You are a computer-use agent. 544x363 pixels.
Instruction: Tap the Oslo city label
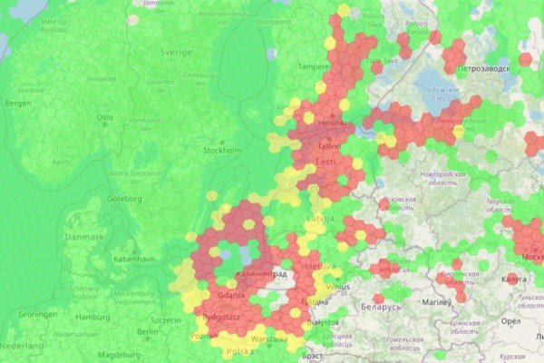(105, 117)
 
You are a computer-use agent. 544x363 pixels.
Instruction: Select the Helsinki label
(333, 123)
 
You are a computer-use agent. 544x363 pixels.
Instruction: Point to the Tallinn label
(329, 146)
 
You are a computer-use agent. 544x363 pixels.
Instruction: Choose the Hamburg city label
(92, 318)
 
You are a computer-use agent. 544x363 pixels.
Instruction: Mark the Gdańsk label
(232, 297)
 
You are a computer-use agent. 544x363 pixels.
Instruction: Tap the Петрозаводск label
(488, 68)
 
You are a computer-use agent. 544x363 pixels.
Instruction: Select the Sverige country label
(176, 53)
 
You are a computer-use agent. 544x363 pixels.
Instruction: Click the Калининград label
(261, 273)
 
